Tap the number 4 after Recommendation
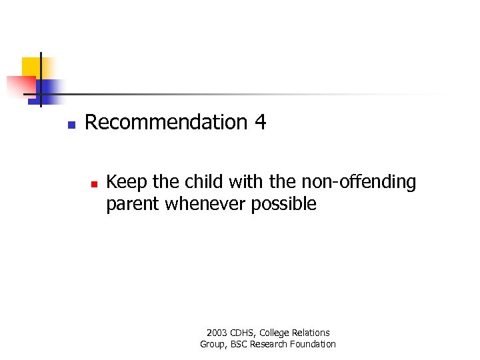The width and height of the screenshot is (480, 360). [x=260, y=123]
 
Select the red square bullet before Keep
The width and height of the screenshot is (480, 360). [x=94, y=182]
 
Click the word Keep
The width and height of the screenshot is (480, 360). [x=125, y=182]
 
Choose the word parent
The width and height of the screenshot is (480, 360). [x=133, y=204]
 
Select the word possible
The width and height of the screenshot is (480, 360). [x=284, y=204]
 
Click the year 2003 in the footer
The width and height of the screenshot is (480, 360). [x=217, y=333]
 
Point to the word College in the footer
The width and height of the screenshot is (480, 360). [x=275, y=333]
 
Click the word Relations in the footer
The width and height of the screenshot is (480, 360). [x=311, y=333]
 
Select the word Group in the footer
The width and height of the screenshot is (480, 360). [x=213, y=344]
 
